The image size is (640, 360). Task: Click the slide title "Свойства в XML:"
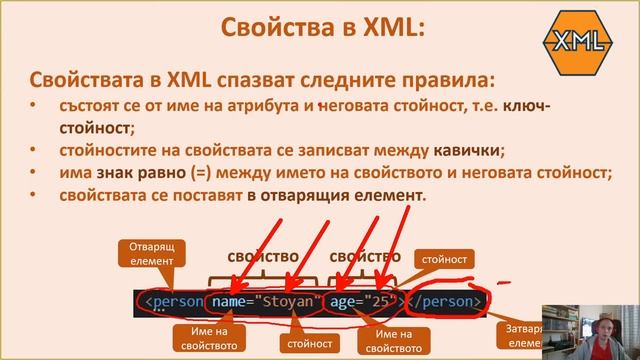319,28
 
